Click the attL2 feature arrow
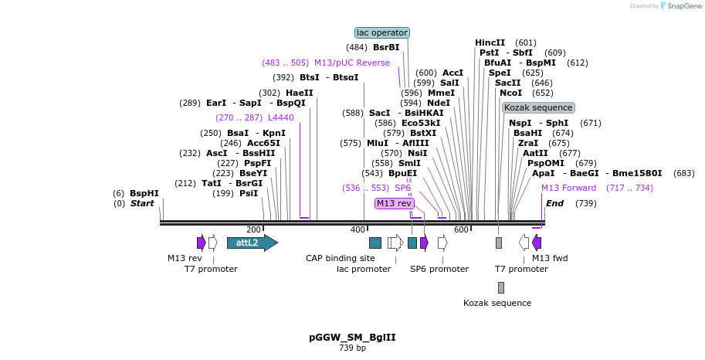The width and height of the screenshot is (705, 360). (x=252, y=243)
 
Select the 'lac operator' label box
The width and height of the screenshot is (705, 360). (x=381, y=32)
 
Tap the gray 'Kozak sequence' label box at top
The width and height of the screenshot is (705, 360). (x=537, y=107)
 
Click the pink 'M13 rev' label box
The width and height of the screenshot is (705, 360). (x=394, y=203)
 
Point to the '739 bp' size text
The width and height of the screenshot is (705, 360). (x=352, y=348)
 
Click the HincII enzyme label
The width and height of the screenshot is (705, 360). (x=490, y=42)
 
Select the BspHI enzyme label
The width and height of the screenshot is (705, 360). (x=144, y=193)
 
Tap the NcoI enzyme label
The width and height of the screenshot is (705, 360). (x=510, y=93)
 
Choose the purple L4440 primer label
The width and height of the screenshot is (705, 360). (x=281, y=117)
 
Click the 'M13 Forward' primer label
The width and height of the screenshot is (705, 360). (x=568, y=188)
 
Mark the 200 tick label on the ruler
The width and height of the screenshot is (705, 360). (x=253, y=229)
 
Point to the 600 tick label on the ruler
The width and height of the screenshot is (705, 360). (x=461, y=229)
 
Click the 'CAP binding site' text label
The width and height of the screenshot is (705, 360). (x=340, y=258)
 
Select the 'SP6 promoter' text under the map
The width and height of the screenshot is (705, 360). (x=439, y=269)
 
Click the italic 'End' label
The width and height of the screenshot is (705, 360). (x=554, y=203)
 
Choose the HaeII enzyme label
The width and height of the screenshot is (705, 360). (x=299, y=93)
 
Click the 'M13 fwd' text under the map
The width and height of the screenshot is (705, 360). (x=550, y=258)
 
